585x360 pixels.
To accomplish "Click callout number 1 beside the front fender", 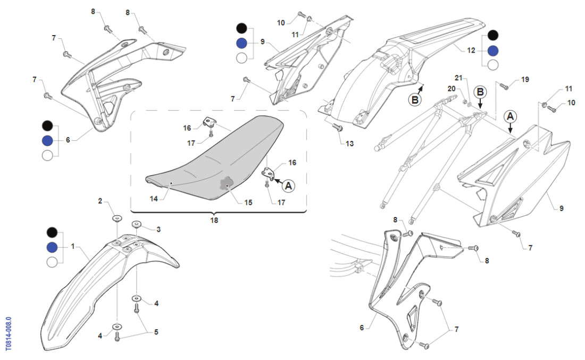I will pos(73,247).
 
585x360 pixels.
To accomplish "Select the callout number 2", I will pos(99,201).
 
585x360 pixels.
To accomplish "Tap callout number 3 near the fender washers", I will pos(158,229).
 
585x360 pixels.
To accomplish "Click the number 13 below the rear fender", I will pos(349,144).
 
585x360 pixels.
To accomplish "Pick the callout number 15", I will pos(248,203).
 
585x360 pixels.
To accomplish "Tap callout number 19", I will pos(525,80).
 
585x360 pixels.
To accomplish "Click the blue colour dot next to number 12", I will pos(493,51).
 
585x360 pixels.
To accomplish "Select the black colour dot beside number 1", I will pos(52,232).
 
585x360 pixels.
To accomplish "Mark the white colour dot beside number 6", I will pos(48,155).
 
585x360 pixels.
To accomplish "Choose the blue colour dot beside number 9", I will pos(241,43).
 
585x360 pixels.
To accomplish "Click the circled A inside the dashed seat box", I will pos(288,186).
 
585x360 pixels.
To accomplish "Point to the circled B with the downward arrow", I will pos(480,92).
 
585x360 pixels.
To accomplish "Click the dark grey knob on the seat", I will pos(227,184).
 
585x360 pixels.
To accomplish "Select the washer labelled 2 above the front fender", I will pos(116,219).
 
